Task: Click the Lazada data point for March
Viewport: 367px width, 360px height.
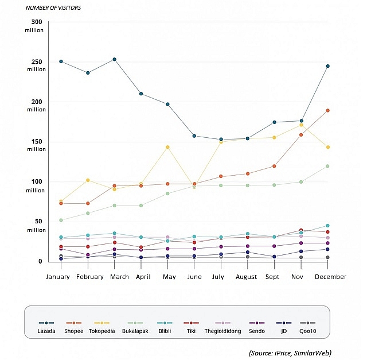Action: coord(115,59)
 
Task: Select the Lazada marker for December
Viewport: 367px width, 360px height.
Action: coord(327,66)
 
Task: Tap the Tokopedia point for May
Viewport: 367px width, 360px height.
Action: coord(168,147)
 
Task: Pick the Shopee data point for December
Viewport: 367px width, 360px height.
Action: coord(327,110)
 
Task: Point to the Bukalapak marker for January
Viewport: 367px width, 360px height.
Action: coord(61,220)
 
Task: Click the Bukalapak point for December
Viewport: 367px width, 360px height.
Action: coord(327,166)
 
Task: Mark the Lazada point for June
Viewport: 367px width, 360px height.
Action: coord(194,136)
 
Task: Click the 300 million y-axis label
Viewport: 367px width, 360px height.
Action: coord(36,26)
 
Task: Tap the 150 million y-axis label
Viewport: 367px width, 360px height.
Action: coord(36,145)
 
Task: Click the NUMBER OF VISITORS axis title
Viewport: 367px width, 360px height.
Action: coord(53,7)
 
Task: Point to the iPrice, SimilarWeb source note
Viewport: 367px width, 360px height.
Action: coord(290,352)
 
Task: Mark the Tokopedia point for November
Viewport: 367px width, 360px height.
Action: coord(301,125)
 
